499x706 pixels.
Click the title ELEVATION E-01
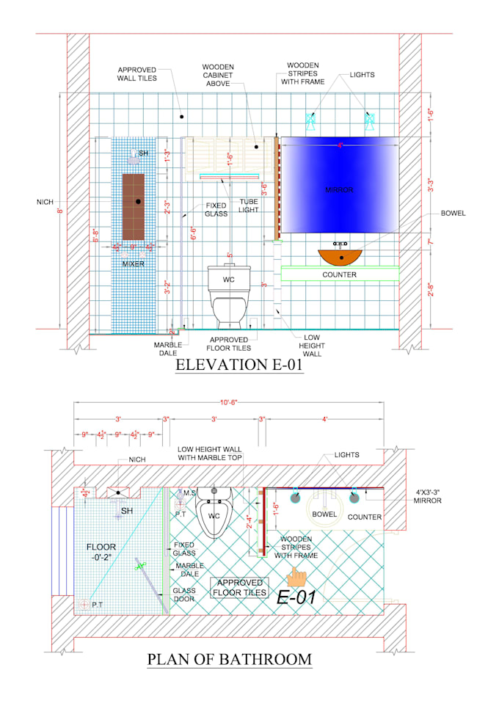[239, 365]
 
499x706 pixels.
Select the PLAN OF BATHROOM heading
[229, 658]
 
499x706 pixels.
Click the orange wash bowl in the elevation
[341, 257]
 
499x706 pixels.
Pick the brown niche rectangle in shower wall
[133, 206]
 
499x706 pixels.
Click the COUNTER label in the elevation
[339, 274]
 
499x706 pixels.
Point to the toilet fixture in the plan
[215, 511]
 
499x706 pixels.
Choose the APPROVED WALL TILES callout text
[136, 73]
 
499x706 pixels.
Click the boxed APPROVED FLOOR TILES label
[239, 587]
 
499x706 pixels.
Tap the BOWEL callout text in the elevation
[454, 214]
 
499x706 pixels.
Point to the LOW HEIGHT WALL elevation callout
[311, 346]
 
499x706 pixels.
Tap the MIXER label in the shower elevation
[133, 263]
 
